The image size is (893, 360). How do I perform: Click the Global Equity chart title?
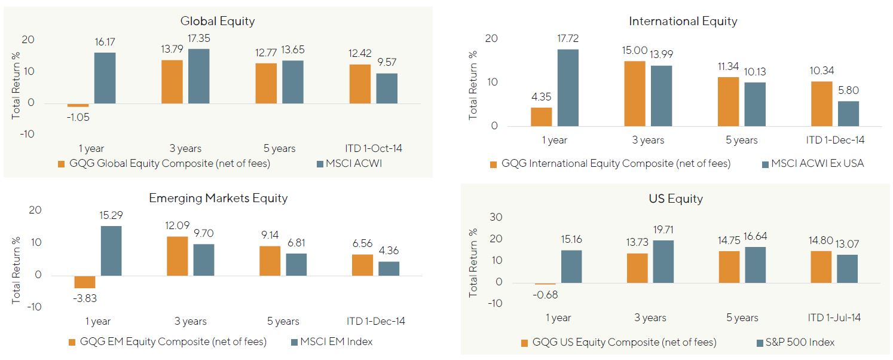[218, 21]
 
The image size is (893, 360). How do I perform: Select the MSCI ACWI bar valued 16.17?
[105, 78]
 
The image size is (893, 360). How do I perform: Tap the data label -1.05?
[78, 118]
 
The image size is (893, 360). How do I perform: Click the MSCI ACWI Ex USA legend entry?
[812, 163]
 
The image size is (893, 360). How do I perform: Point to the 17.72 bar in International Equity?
[567, 87]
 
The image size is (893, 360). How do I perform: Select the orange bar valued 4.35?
[541, 117]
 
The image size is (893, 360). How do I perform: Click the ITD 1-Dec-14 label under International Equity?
[835, 141]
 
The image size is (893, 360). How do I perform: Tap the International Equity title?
[683, 22]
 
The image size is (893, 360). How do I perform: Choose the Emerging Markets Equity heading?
[219, 198]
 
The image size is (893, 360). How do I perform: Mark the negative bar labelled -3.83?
[84, 282]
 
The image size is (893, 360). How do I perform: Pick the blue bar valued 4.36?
[389, 269]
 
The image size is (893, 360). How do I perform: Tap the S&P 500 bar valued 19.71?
[663, 261]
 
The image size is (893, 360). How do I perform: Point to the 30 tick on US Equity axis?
[496, 217]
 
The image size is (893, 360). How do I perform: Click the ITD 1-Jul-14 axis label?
[834, 318]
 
